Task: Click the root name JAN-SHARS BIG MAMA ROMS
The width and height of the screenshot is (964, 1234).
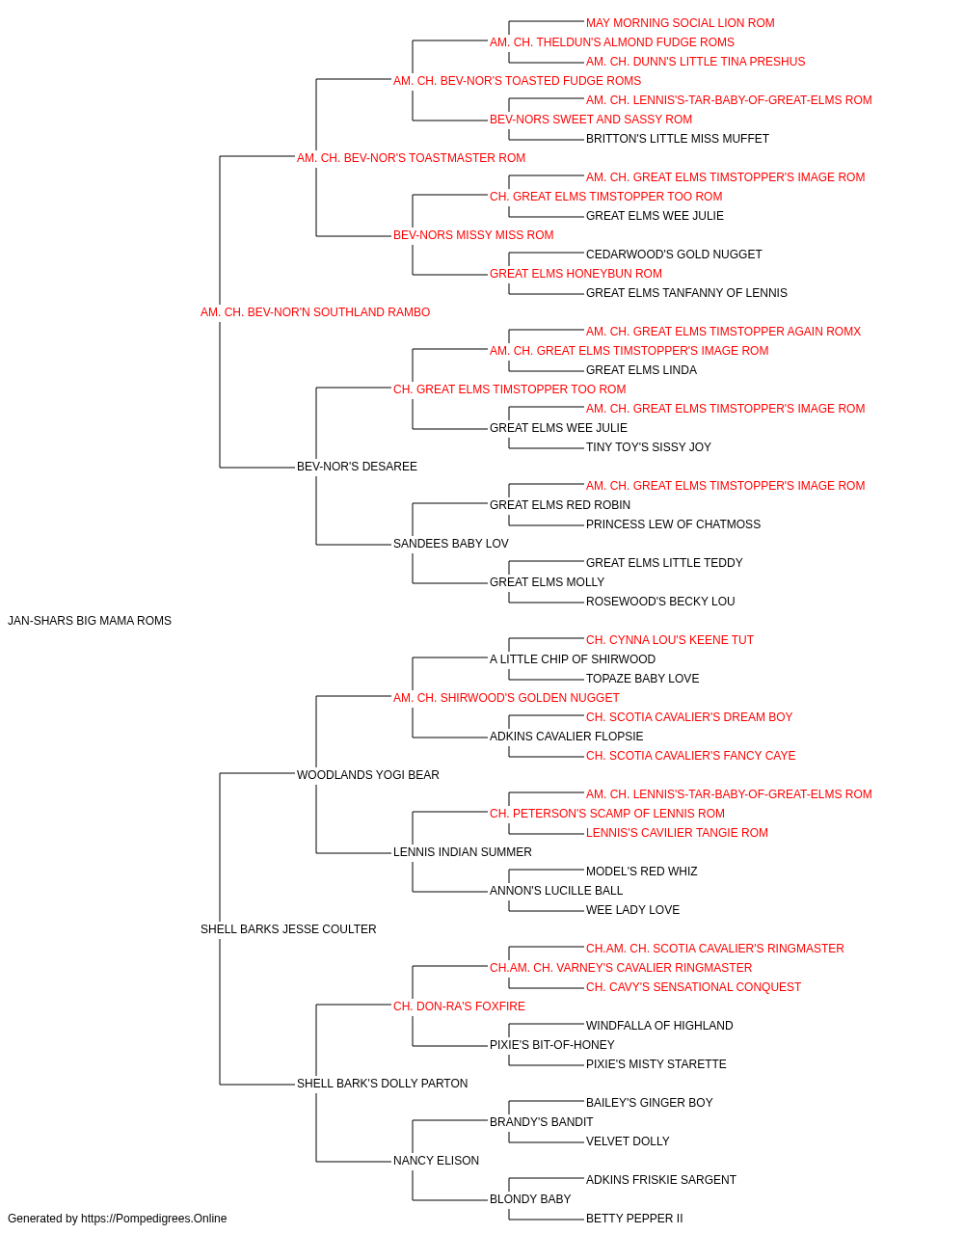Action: coord(89,621)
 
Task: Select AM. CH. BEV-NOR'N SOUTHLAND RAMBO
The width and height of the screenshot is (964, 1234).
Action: coord(315,312)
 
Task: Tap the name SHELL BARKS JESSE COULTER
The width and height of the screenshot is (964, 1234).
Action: coord(288,929)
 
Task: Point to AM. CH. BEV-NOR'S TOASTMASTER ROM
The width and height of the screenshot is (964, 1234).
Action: coord(411,158)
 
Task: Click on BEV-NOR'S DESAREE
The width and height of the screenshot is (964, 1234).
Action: coord(357,467)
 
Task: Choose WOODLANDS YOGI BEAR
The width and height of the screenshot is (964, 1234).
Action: coord(368,774)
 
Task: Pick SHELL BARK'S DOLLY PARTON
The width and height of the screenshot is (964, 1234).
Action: coord(382,1083)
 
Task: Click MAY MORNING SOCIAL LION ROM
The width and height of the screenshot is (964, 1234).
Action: coord(681,23)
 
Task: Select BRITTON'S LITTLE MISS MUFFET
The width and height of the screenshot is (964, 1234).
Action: coord(678,139)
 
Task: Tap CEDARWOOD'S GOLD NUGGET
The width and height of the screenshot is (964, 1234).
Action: coord(674,255)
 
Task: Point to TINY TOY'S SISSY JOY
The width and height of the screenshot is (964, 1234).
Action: coord(649,447)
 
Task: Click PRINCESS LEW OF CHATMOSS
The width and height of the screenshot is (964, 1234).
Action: coord(673,524)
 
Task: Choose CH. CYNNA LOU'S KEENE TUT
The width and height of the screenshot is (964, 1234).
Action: coord(670,640)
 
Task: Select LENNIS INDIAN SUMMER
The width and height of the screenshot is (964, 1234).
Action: coord(463,852)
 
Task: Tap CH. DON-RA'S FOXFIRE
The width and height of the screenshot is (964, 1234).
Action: coord(459,1006)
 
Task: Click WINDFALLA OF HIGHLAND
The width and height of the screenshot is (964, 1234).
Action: coord(659,1026)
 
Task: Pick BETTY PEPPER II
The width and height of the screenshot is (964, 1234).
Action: coord(634,1219)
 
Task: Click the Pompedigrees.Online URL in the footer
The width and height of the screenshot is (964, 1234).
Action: coord(154,1219)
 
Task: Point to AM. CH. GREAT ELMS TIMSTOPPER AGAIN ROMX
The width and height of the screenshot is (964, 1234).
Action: coord(723,332)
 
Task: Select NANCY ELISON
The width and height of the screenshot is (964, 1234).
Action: coord(436,1160)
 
